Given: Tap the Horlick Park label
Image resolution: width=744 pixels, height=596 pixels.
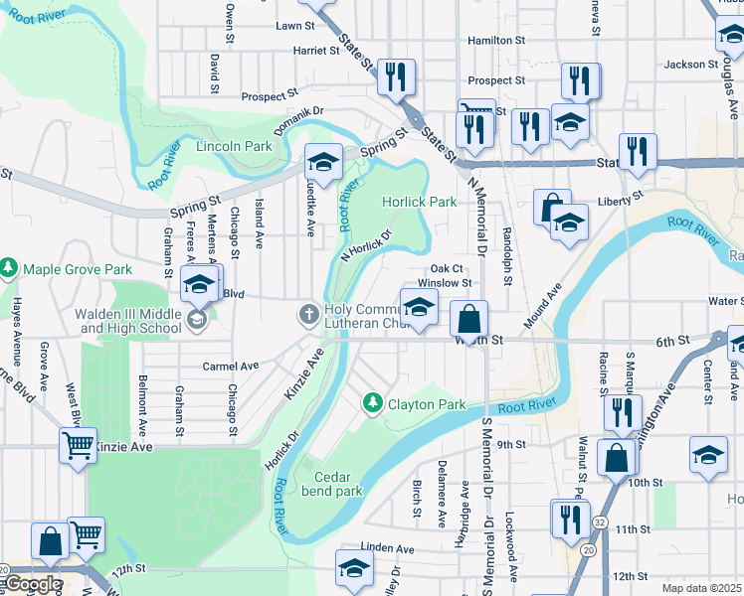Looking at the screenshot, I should [x=421, y=202].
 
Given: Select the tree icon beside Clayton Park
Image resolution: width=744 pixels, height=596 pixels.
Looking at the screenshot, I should [x=372, y=403].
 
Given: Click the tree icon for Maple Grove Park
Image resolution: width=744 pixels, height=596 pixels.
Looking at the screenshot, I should [x=9, y=268].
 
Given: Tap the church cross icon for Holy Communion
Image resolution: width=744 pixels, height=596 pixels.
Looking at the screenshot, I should [x=309, y=316].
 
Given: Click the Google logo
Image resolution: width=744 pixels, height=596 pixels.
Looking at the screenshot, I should [x=32, y=584].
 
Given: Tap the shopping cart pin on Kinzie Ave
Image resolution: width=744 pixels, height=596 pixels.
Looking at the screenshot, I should [x=78, y=445].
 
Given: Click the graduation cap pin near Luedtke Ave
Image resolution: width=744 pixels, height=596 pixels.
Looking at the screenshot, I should [x=323, y=160].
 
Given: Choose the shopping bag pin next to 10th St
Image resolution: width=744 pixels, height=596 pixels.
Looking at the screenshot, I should [x=617, y=457].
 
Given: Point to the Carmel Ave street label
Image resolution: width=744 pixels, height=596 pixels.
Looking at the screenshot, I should [x=230, y=366].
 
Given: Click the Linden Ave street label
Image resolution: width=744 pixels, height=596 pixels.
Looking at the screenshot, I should [x=387, y=547].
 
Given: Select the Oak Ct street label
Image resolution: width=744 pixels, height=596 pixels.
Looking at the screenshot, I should [x=447, y=268].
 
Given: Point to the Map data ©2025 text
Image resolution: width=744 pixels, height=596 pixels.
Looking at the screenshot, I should [x=702, y=588].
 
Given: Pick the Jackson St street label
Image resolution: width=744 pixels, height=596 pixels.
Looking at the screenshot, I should [x=690, y=64].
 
